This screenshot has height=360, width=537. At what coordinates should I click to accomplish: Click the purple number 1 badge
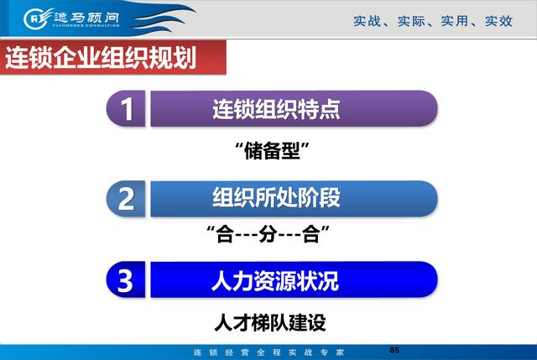pyautogui.click(x=126, y=108)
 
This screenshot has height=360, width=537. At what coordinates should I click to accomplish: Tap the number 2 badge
pyautogui.click(x=126, y=199)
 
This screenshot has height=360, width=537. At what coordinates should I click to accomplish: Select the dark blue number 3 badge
pyautogui.click(x=126, y=279)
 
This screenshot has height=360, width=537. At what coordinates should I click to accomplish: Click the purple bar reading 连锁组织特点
pyautogui.click(x=294, y=108)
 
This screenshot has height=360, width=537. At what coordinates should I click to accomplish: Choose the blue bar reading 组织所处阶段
pyautogui.click(x=294, y=199)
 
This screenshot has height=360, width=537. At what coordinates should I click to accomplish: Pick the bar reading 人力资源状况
pyautogui.click(x=294, y=279)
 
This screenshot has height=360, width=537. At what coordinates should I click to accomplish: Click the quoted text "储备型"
pyautogui.click(x=272, y=151)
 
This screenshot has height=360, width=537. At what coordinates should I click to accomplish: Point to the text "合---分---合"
pyautogui.click(x=268, y=234)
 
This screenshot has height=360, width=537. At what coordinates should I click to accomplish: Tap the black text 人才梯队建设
pyautogui.click(x=270, y=322)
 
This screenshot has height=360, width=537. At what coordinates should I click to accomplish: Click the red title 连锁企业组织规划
pyautogui.click(x=101, y=57)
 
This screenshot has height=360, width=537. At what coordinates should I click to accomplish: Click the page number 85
pyautogui.click(x=394, y=350)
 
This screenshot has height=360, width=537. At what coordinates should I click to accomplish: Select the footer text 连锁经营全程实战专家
pyautogui.click(x=268, y=352)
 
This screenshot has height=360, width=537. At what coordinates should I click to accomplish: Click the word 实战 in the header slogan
pyautogui.click(x=367, y=21)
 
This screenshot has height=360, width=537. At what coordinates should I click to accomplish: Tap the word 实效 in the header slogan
pyautogui.click(x=498, y=21)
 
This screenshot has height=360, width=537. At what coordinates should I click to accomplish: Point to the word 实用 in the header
pyautogui.click(x=455, y=21)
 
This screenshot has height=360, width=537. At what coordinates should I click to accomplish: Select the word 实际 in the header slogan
pyautogui.click(x=411, y=21)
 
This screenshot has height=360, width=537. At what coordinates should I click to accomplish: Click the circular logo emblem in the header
pyautogui.click(x=34, y=18)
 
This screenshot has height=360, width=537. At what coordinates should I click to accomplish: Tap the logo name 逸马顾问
pyautogui.click(x=86, y=17)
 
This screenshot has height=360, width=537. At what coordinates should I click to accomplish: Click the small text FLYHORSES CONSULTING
pyautogui.click(x=86, y=25)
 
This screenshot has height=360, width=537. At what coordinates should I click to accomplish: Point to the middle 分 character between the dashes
pyautogui.click(x=268, y=234)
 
